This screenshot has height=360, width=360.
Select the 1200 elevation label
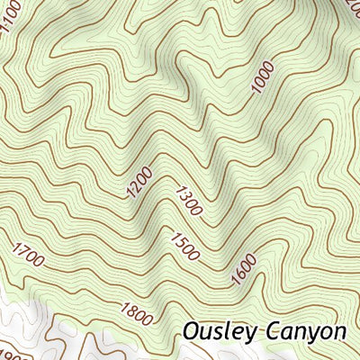click(x=139, y=182)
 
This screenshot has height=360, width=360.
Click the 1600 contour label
click(x=244, y=270)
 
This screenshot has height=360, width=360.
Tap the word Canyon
click(x=307, y=331)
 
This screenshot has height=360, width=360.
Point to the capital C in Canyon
click(x=275, y=330)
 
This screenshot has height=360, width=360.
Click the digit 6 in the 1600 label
click(x=240, y=274)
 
